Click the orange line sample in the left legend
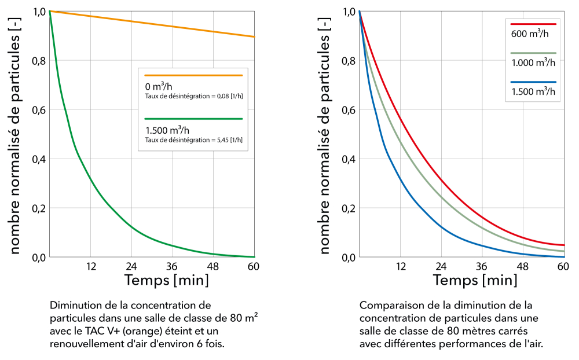193,75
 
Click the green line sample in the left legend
193,119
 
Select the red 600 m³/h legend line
533,24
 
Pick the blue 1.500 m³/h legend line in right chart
533,82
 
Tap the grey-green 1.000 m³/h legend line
533,53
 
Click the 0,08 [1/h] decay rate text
193,95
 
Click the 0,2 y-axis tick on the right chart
349,208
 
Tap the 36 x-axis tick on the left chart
172,267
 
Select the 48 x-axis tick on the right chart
523,267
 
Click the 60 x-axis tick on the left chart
253,267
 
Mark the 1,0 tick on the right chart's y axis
349,12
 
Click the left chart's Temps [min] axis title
166,281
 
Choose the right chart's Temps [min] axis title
475,281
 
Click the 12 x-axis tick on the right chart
400,267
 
